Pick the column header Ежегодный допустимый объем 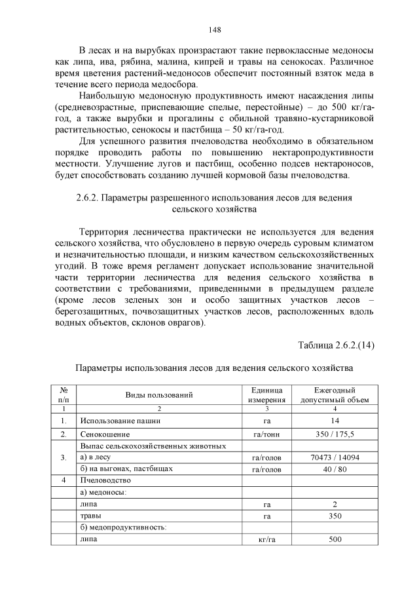(x=334, y=394)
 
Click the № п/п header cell (x=64, y=394)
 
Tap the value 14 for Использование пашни (x=334, y=421)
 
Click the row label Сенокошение (x=105, y=434)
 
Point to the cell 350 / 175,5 (x=334, y=434)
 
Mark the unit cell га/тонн (x=266, y=434)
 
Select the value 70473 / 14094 (x=334, y=457)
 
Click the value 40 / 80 (x=334, y=469)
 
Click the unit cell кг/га (x=266, y=540)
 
